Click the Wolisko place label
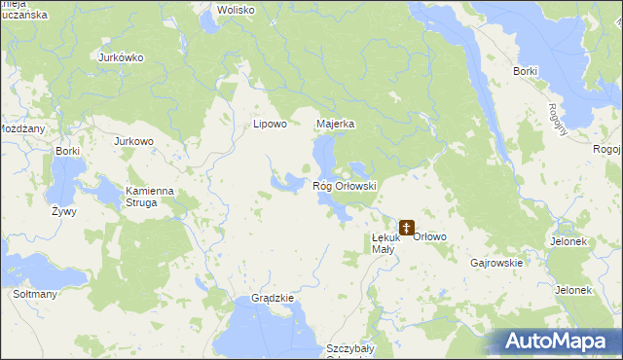(236, 10)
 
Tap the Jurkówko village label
(121, 57)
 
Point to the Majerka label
(335, 125)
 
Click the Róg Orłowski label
(344, 185)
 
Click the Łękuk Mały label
(384, 243)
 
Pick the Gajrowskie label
(496, 263)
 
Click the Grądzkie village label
(272, 298)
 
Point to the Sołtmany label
(34, 294)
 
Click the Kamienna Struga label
(148, 197)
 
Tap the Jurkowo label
(134, 141)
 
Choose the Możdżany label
(21, 128)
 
